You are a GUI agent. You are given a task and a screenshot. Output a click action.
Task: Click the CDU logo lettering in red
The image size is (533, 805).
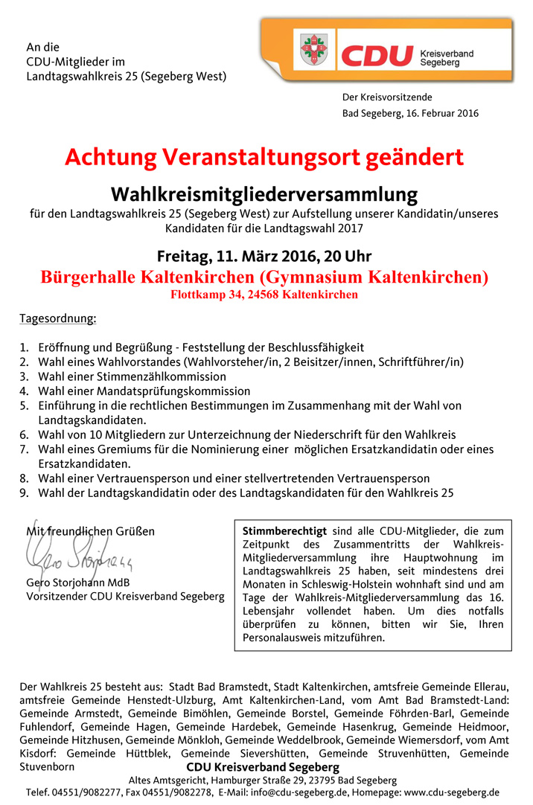[x=377, y=56]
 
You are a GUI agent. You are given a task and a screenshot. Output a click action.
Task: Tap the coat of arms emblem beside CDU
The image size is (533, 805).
[x=317, y=49]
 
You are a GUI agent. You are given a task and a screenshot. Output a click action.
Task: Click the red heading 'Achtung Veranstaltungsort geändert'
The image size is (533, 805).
[x=264, y=158]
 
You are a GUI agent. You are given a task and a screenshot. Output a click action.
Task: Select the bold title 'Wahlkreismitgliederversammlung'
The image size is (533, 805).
[x=264, y=195]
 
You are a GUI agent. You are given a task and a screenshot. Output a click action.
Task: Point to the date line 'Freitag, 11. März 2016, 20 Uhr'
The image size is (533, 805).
[x=264, y=257]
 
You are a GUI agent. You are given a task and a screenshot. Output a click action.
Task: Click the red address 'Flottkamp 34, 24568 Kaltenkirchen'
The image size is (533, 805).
[x=264, y=295]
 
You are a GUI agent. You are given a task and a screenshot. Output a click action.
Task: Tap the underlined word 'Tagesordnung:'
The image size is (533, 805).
[x=57, y=319]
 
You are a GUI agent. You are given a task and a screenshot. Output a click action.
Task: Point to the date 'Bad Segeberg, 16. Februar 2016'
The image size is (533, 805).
[x=410, y=114]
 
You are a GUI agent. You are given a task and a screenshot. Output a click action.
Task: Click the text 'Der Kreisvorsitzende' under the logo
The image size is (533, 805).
[x=387, y=97]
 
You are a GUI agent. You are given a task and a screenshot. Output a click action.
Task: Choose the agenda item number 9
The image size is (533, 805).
[x=24, y=493]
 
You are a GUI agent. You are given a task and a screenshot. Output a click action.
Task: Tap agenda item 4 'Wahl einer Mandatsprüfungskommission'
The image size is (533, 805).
[x=144, y=391]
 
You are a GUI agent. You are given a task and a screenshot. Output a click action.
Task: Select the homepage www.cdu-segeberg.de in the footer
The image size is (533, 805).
[x=451, y=793]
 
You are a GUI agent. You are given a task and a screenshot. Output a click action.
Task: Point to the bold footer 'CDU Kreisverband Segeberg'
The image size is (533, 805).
[x=263, y=767]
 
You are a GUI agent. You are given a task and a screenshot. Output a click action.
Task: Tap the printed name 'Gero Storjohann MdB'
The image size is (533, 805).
[x=78, y=583]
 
